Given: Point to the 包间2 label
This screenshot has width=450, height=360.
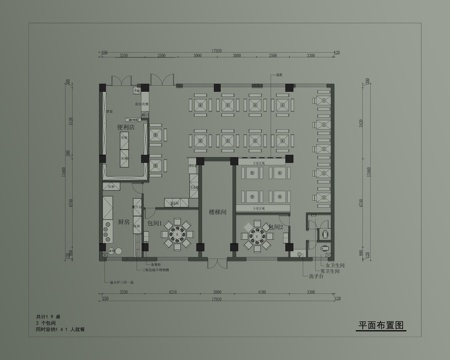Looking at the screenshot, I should point(278,227).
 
